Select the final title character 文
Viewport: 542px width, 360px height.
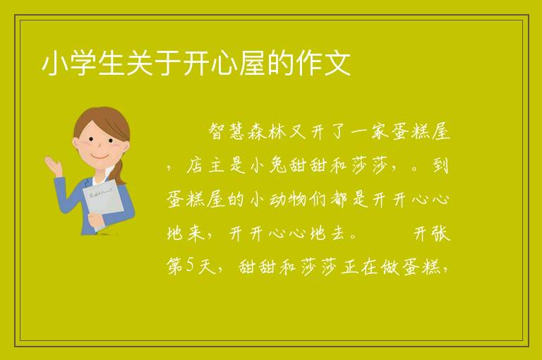point(337,63)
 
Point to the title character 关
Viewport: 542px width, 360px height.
point(140,63)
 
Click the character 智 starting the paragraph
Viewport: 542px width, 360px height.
point(218,131)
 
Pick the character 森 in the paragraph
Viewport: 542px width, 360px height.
point(258,131)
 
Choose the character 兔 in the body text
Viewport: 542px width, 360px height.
point(279,165)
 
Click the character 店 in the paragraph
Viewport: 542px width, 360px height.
point(197,165)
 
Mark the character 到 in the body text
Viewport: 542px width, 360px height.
point(441,165)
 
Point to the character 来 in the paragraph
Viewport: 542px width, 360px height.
point(197,233)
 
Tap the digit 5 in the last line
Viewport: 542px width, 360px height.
point(191,265)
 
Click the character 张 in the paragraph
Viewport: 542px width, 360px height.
point(441,233)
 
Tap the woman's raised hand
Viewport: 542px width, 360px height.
point(54,165)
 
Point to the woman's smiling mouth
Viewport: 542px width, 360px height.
point(100,156)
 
